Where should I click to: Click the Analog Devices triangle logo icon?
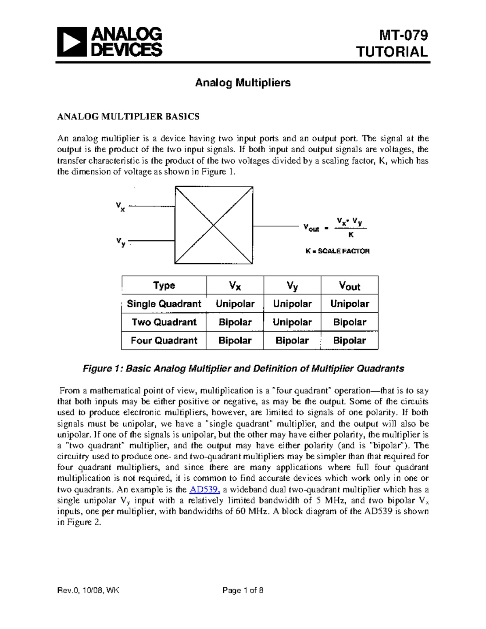pyautogui.click(x=72, y=42)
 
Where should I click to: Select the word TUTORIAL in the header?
pyautogui.click(x=392, y=52)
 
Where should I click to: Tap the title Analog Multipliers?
pyautogui.click(x=243, y=83)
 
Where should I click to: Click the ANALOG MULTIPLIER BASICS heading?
pyautogui.click(x=128, y=117)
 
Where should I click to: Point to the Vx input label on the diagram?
pyautogui.click(x=120, y=207)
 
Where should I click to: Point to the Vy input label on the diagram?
pyautogui.click(x=120, y=242)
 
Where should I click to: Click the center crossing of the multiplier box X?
pyautogui.click(x=213, y=225)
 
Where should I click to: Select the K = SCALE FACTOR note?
pyautogui.click(x=337, y=251)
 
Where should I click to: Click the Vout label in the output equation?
pyautogui.click(x=311, y=228)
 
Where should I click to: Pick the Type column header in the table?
pyautogui.click(x=164, y=285)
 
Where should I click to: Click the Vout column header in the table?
pyautogui.click(x=350, y=286)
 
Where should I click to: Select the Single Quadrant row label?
pyautogui.click(x=164, y=304)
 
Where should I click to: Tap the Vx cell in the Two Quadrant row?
pyautogui.click(x=235, y=322)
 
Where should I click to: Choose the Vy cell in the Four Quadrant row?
pyautogui.click(x=292, y=341)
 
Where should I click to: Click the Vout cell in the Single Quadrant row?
pyautogui.click(x=350, y=304)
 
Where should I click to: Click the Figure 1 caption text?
pyautogui.click(x=243, y=369)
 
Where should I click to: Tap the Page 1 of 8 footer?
pyautogui.click(x=243, y=590)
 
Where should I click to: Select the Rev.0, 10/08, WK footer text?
pyautogui.click(x=88, y=590)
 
